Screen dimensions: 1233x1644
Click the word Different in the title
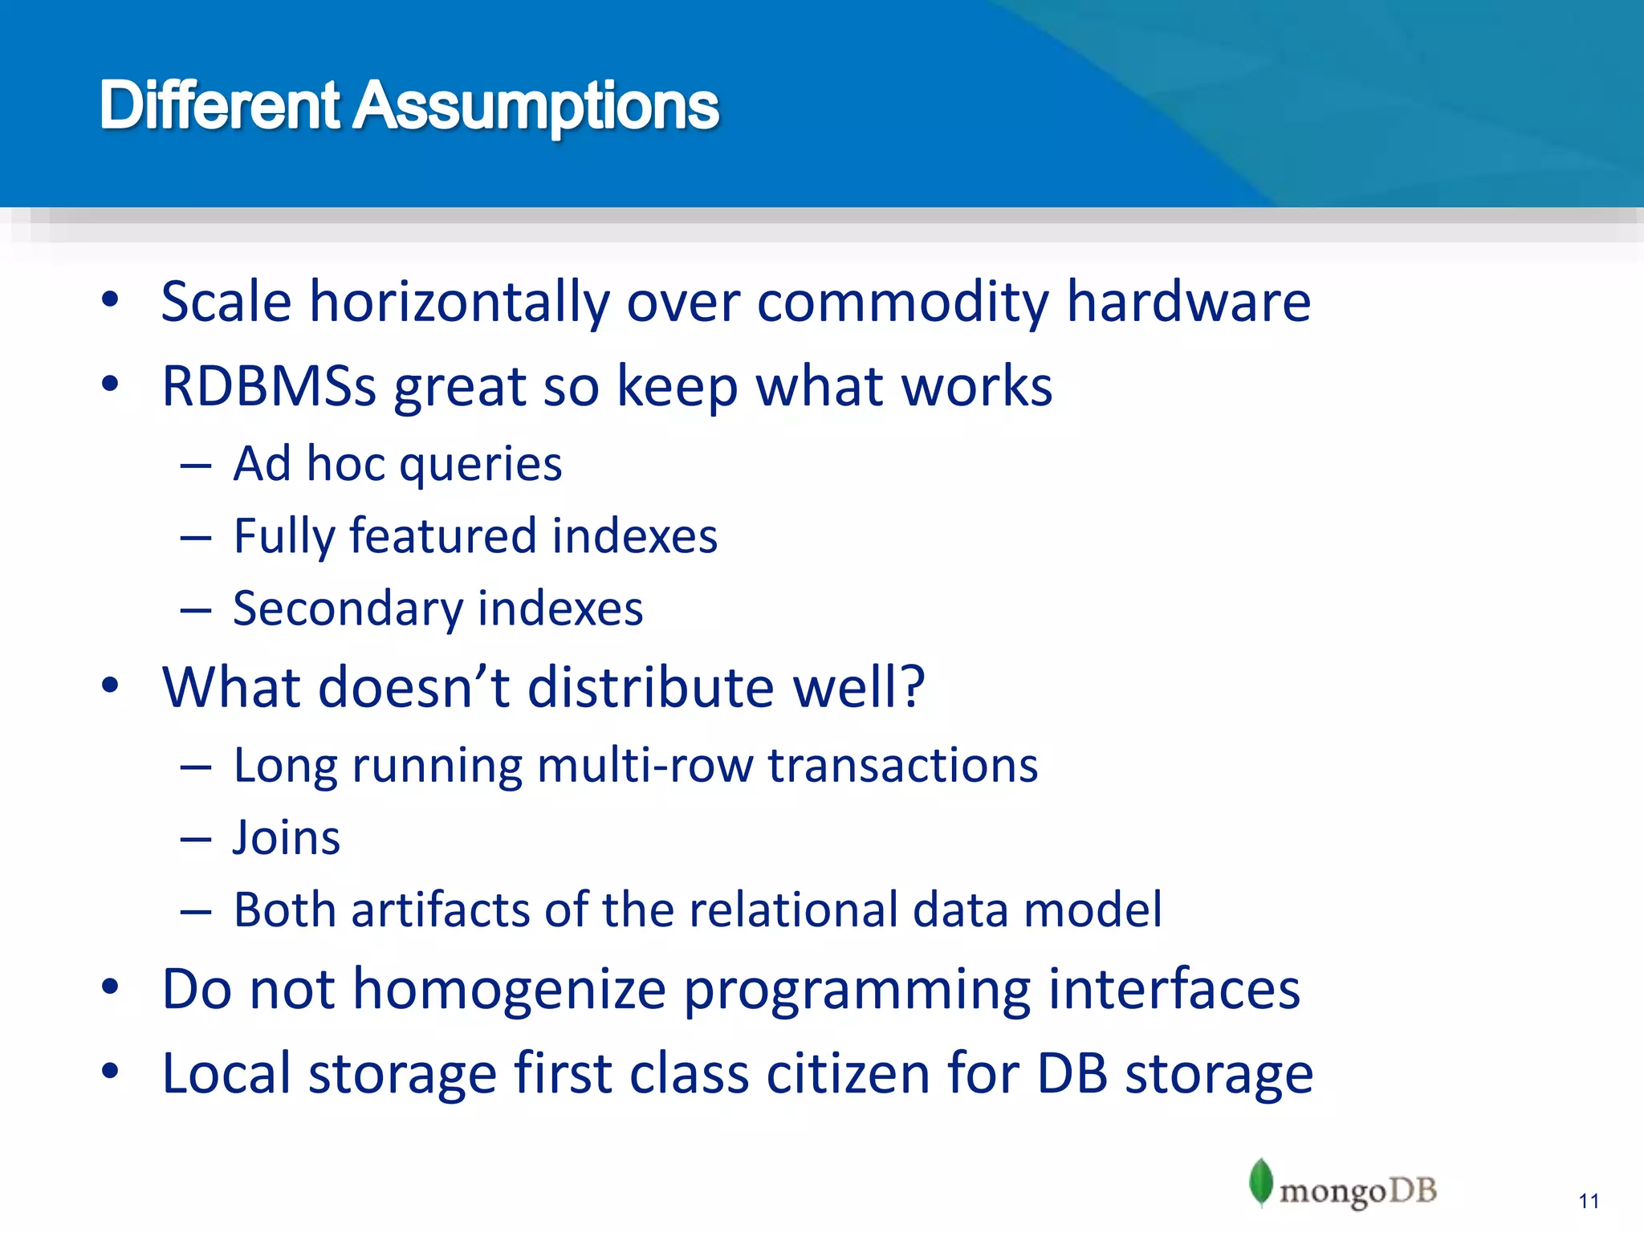220,106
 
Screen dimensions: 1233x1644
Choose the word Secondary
348,608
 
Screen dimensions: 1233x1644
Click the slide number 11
1589,1201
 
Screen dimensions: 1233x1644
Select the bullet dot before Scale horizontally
111,300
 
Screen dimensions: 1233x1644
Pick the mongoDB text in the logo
1357,1191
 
